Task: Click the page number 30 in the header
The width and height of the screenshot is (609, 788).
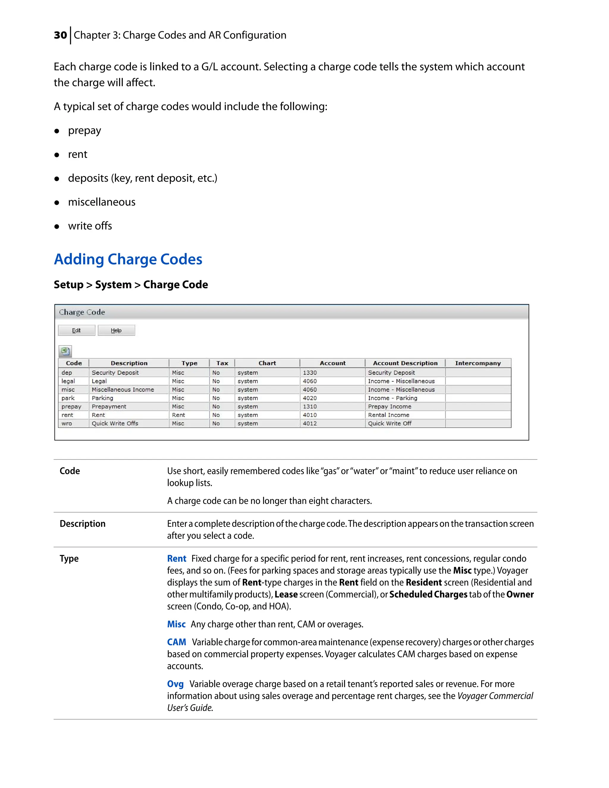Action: [60, 35]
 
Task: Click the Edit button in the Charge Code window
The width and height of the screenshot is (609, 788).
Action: [76, 330]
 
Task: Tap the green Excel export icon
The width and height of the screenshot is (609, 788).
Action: [65, 351]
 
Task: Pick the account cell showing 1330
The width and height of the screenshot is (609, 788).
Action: [310, 372]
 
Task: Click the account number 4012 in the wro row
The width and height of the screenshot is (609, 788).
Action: [310, 423]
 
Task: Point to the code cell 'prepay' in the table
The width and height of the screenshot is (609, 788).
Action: [71, 406]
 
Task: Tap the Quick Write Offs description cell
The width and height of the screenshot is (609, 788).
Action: [115, 423]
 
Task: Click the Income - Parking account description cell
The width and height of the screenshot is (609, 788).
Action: [392, 398]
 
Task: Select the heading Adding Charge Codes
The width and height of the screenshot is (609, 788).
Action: [128, 259]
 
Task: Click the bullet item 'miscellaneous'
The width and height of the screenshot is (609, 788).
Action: [102, 202]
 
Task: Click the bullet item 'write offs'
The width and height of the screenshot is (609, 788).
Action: [90, 226]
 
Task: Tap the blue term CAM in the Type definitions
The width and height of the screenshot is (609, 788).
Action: [176, 642]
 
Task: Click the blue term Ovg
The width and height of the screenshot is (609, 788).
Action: [175, 684]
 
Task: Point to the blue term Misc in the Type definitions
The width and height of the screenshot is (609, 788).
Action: [176, 624]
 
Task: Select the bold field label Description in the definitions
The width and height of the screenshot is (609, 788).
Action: [83, 524]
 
